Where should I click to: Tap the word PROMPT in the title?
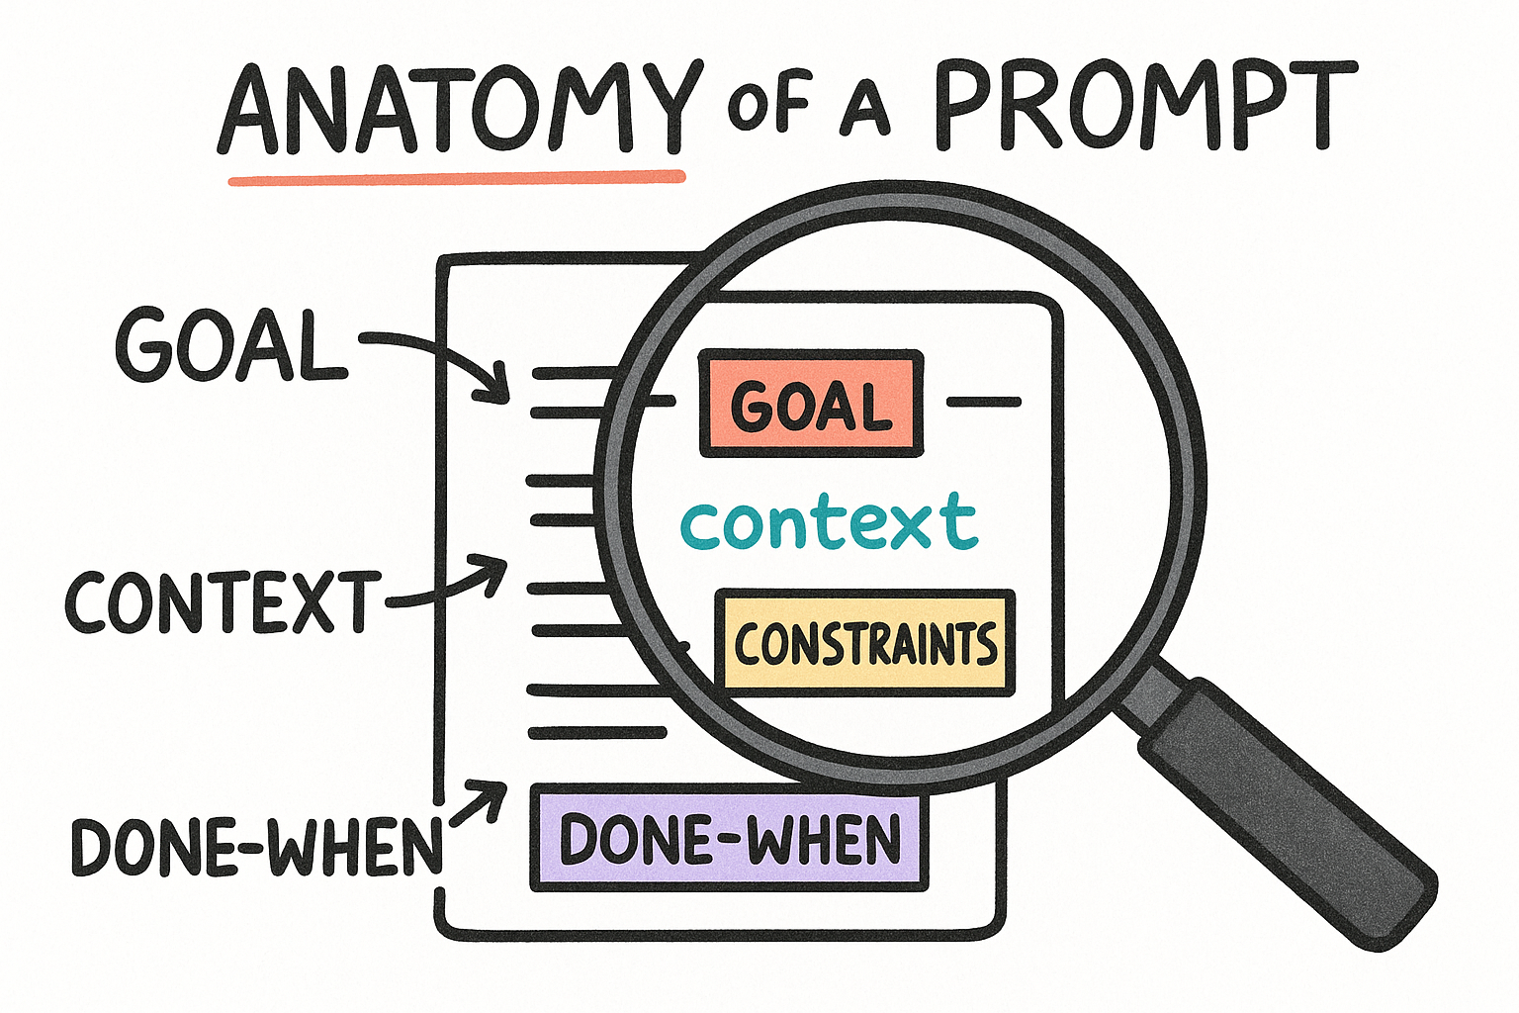[x=1145, y=105]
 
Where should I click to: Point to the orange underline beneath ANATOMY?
[x=457, y=177]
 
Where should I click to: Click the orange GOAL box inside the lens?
[x=811, y=404]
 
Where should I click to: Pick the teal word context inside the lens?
[x=829, y=521]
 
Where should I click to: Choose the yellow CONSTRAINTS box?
[x=865, y=643]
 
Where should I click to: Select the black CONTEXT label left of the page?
[x=223, y=601]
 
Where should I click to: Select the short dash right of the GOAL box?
[x=983, y=403]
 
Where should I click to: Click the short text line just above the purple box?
[x=596, y=733]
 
